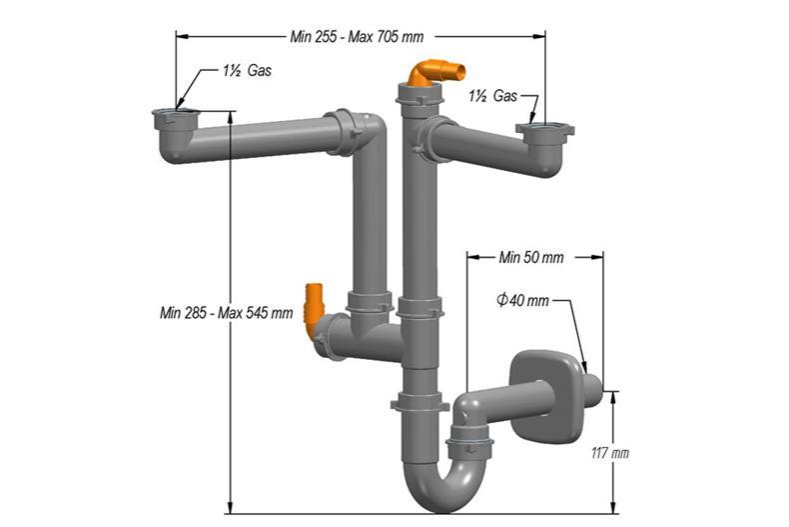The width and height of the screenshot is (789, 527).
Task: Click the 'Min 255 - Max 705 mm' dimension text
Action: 356,36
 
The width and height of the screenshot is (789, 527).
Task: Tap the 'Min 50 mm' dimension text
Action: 530,257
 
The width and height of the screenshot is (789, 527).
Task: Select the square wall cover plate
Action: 540,380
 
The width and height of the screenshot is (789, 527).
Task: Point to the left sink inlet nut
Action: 174,118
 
